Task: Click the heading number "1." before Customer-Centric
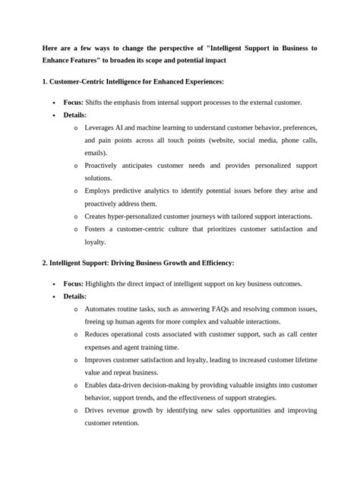click(46, 81)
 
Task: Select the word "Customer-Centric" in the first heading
click(79, 81)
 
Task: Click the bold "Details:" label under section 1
click(75, 115)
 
